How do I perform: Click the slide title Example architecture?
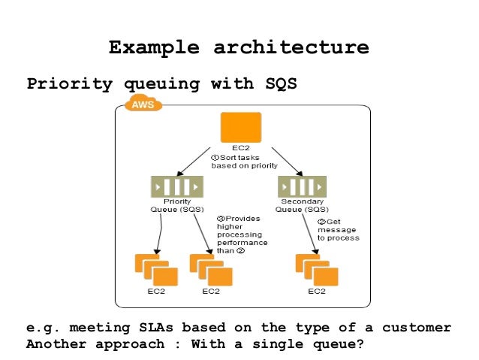coord(239,48)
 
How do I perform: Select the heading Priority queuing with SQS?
coord(162,83)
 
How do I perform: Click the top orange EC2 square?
coord(240,127)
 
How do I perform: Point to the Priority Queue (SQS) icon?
coord(176,186)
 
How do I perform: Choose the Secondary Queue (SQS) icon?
coord(302,186)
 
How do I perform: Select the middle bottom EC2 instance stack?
coord(211,270)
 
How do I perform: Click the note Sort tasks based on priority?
coord(244,161)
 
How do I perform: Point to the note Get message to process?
coord(337,229)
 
